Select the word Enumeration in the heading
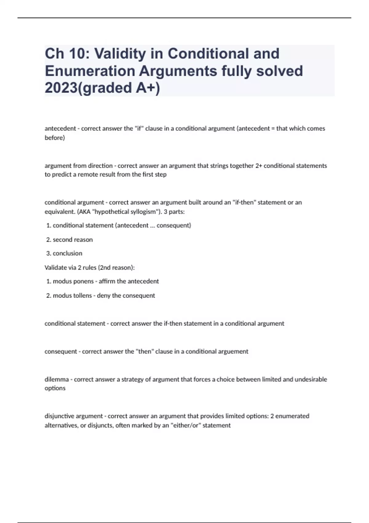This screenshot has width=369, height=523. tap(90, 71)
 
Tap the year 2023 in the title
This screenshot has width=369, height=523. tap(59, 88)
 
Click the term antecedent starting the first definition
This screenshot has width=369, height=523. tap(60, 129)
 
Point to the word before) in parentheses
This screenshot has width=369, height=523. tap(55, 138)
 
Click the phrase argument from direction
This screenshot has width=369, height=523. tap(79, 166)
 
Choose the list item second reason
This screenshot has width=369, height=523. tap(73, 240)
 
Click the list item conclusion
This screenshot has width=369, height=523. tap(67, 254)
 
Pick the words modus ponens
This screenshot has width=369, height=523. tap(73, 281)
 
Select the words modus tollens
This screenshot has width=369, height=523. tap(72, 296)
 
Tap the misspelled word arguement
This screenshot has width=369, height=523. tap(233, 351)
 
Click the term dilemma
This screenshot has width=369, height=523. tap(57, 379)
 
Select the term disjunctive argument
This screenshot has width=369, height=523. tap(74, 416)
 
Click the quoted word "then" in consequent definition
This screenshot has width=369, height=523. tap(145, 351)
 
